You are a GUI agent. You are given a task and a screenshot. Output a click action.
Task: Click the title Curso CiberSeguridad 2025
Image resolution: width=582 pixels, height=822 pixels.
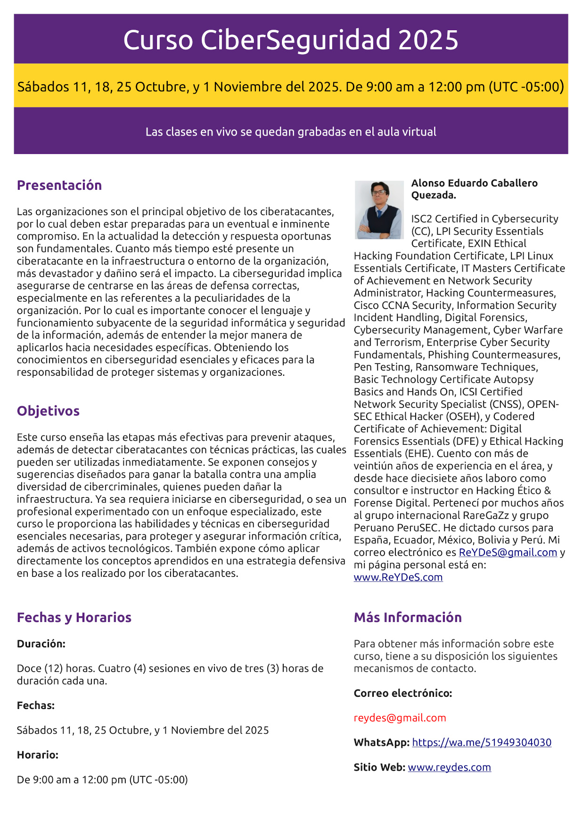coord(291,40)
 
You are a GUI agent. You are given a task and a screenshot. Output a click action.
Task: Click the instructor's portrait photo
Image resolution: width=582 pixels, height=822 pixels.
coord(379,210)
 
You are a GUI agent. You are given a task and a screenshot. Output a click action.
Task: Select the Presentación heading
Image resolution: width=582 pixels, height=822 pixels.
coord(59,185)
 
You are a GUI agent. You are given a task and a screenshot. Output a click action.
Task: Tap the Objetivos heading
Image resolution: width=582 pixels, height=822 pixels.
coord(48,411)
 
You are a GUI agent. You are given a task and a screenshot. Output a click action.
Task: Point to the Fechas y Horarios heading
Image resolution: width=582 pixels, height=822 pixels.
coord(74,617)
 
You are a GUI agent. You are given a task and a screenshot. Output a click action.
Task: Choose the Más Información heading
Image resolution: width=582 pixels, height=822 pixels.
coord(408,617)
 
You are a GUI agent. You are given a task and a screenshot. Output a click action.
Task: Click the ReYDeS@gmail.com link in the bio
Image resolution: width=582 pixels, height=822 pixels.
coord(508,552)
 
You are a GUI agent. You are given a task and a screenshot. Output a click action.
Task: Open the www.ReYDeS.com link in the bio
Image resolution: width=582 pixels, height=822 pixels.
coord(398,577)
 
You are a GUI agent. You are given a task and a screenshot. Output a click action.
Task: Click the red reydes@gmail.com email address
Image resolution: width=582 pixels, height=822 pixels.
coord(400,718)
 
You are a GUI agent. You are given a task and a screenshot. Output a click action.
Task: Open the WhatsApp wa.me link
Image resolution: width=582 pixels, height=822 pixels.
coord(482,742)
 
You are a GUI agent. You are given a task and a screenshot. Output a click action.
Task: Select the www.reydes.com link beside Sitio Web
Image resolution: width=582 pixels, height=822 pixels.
coord(449,767)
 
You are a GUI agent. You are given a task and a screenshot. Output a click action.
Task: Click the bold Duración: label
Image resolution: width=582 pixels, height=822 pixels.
coord(41,644)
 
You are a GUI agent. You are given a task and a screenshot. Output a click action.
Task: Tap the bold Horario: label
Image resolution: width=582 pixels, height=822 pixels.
coord(38,755)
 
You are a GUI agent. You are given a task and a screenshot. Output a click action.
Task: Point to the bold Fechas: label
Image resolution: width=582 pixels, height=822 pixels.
coord(36,705)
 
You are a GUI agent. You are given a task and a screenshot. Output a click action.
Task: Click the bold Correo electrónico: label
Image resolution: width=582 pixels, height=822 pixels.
coord(403,693)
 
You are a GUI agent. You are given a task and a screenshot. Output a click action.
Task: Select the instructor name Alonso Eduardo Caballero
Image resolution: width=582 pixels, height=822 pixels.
coord(474,183)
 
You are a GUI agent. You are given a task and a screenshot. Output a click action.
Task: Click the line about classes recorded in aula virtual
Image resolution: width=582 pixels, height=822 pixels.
coord(291,132)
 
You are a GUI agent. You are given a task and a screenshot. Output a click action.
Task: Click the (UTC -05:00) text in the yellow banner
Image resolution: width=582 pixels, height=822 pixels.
coord(526,87)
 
